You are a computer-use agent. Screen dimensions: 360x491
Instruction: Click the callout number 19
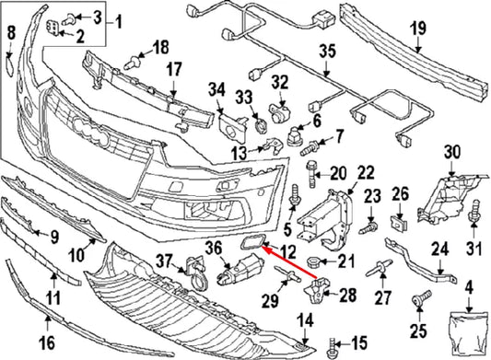(x=418, y=28)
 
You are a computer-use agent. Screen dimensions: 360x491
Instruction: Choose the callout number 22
(x=366, y=172)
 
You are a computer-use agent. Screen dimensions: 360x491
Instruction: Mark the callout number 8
(x=11, y=34)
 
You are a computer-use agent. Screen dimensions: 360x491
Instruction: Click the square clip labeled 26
(x=400, y=222)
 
